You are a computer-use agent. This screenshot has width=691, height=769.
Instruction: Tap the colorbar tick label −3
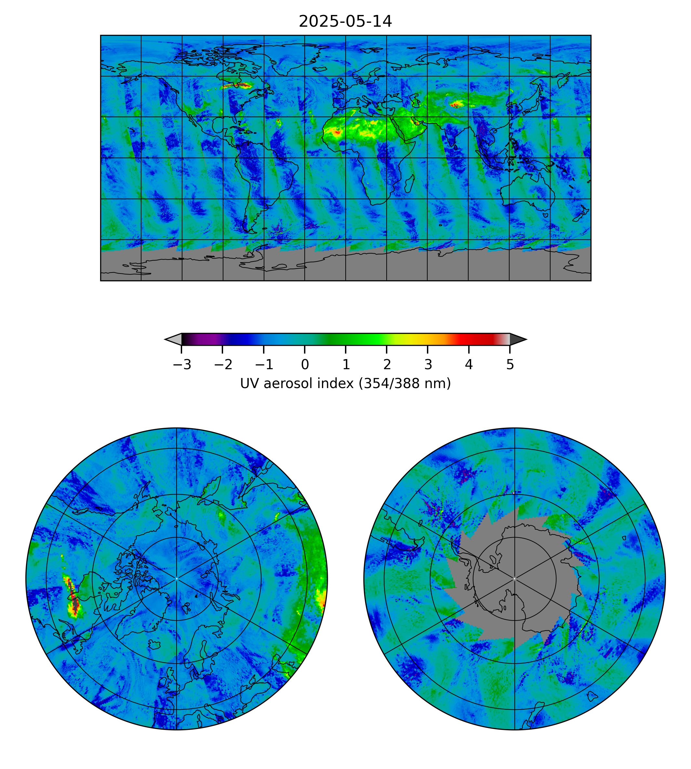[182, 365]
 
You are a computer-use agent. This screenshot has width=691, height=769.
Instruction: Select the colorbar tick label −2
[223, 365]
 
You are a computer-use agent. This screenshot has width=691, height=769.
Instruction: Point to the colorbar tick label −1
[264, 365]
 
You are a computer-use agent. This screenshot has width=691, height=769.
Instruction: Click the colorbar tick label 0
[305, 365]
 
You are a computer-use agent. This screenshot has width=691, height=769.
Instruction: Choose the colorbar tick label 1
[346, 365]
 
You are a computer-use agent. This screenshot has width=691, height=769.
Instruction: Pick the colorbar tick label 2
[387, 365]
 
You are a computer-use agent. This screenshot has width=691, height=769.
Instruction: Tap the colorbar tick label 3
[428, 365]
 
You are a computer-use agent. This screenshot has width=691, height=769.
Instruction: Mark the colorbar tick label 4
[469, 365]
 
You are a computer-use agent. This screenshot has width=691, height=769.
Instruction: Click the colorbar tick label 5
[510, 365]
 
